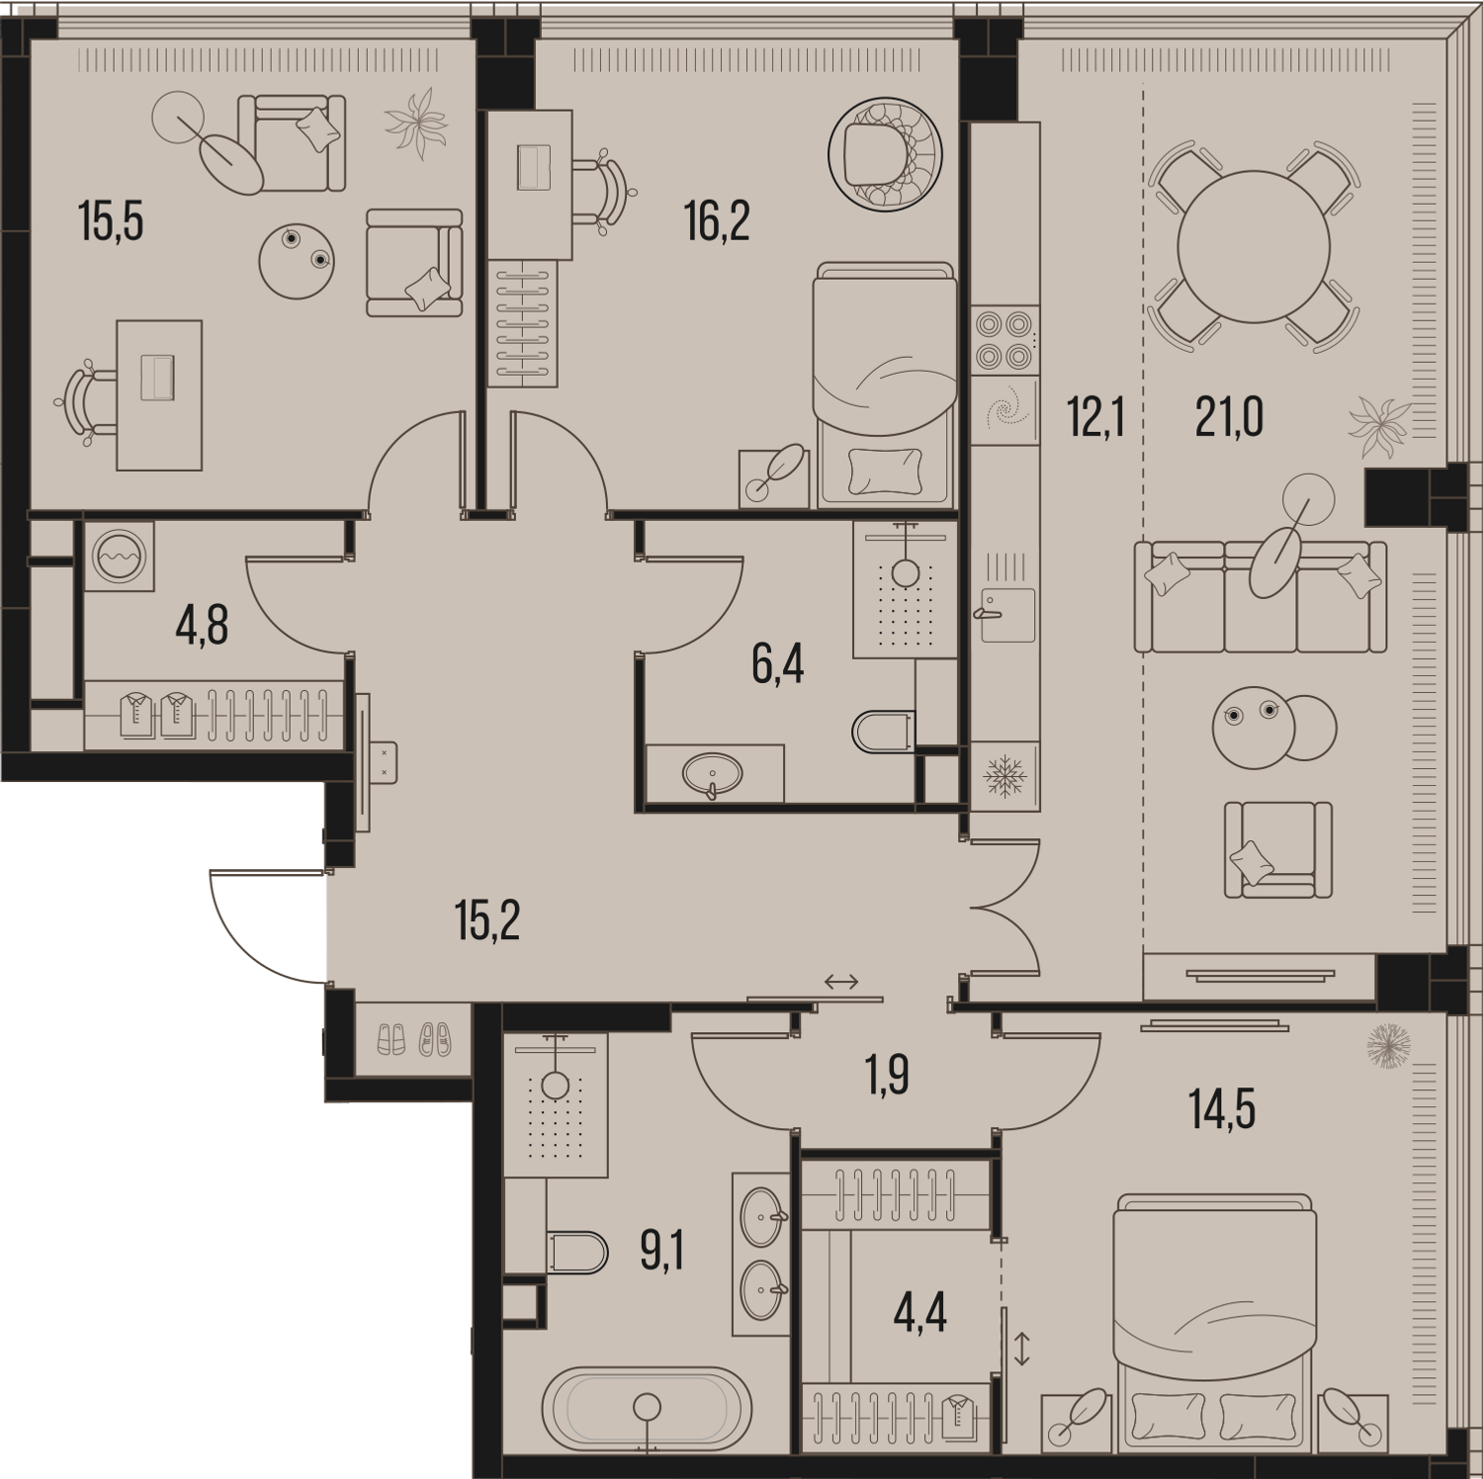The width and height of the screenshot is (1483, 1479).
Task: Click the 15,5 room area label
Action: point(111,221)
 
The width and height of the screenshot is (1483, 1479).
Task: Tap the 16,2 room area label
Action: point(717,221)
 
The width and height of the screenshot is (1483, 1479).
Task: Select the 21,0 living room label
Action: point(1229,417)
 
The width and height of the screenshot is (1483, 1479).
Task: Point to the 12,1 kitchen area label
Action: point(1095,417)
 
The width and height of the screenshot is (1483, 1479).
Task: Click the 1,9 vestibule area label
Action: point(888,1076)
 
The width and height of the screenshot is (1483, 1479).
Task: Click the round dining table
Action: point(1253,246)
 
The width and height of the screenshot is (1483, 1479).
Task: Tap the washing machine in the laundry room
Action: point(119,557)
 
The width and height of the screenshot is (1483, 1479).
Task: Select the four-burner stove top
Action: point(1004,339)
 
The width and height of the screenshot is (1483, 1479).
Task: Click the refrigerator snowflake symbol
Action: point(1004,776)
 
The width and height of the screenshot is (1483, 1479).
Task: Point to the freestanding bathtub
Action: point(647,1409)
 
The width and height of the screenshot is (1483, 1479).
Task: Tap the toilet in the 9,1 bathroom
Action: point(576,1253)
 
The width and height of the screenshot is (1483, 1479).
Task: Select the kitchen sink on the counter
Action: point(1007,614)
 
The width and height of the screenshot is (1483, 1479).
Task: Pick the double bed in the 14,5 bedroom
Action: point(1214,1321)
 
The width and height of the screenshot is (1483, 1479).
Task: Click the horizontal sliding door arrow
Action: point(840,982)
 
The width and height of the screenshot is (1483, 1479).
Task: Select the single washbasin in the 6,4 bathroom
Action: point(712,773)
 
